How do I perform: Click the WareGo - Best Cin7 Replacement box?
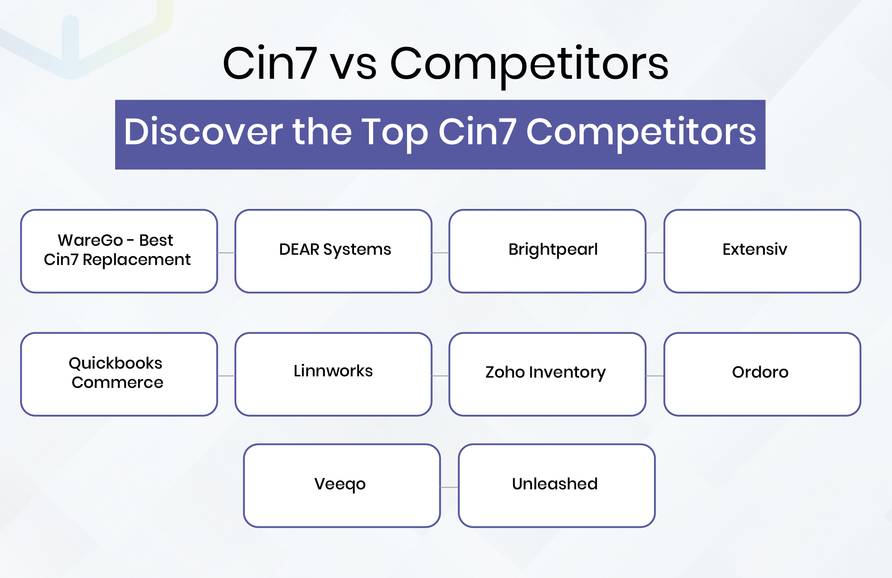(119, 251)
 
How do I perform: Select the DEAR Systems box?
(333, 251)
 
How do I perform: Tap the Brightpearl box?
(547, 251)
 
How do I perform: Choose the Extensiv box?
(762, 251)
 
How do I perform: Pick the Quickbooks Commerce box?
(119, 374)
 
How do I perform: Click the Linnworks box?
(333, 374)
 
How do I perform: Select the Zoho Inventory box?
(547, 374)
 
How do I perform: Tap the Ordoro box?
(762, 374)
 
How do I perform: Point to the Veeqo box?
(342, 485)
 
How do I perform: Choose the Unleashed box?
(556, 485)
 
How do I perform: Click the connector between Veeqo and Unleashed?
(449, 487)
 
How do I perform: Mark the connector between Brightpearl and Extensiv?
(655, 253)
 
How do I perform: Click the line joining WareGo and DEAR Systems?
(226, 253)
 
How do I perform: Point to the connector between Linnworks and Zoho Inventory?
(440, 376)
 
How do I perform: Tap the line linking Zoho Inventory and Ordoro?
(655, 376)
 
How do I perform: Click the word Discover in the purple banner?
(203, 132)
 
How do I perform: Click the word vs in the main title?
(354, 64)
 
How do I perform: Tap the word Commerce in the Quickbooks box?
(118, 382)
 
